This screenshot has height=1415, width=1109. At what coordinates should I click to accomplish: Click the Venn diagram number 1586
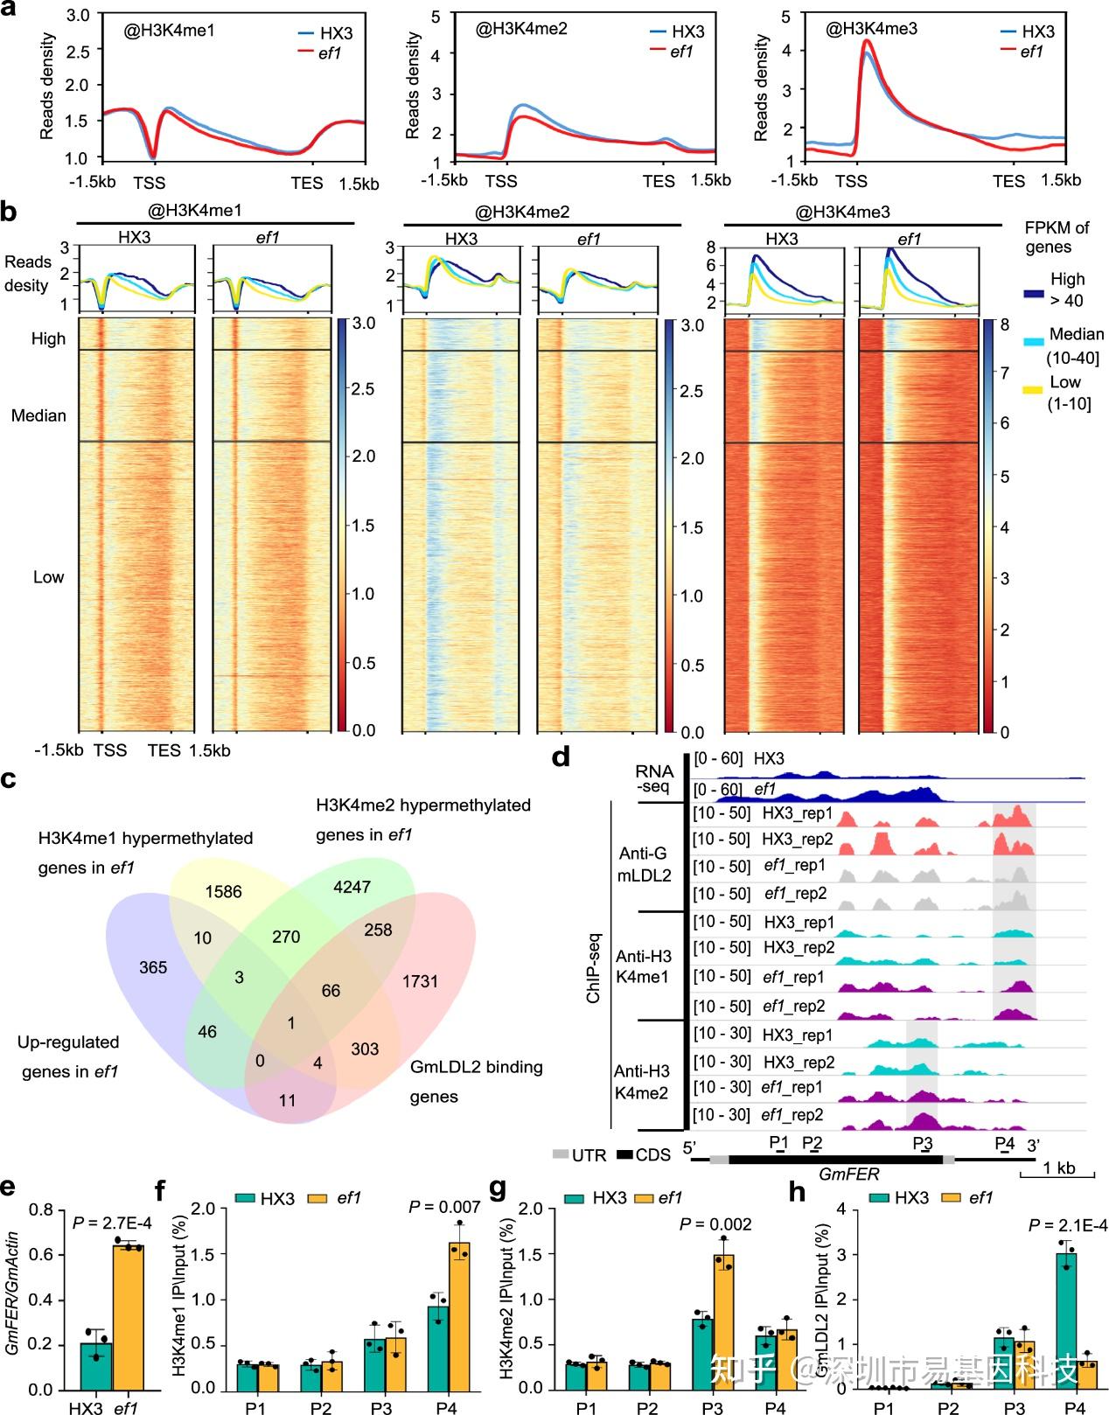(223, 892)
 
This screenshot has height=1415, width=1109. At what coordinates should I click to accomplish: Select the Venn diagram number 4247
(352, 887)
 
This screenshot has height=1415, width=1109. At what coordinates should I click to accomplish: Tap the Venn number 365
(153, 967)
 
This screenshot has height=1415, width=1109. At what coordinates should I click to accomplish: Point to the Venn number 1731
(420, 981)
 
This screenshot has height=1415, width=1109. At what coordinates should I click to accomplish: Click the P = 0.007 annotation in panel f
(445, 1207)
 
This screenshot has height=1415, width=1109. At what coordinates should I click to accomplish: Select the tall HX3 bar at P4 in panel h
(1065, 1321)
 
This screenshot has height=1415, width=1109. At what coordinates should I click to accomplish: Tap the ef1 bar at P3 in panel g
(722, 1321)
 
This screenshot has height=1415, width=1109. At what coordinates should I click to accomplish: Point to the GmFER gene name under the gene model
(849, 1175)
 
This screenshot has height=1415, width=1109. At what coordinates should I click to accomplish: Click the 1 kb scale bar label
(1059, 1168)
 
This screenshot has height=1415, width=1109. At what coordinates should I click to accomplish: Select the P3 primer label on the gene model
(923, 1143)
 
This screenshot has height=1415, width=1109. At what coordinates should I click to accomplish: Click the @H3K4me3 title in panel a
(871, 29)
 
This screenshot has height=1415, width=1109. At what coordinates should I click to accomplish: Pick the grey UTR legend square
(560, 1154)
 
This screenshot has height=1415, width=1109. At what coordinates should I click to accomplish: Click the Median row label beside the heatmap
(38, 415)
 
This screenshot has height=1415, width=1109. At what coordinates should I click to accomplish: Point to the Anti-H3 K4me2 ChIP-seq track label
(641, 1082)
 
